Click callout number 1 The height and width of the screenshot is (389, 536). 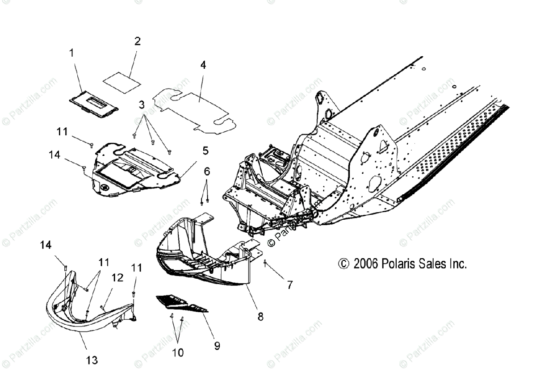[71, 53]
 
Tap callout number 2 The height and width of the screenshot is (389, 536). [138, 42]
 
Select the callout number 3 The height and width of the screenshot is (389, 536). [142, 105]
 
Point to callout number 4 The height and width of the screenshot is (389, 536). [203, 65]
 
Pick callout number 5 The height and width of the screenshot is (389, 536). [205, 151]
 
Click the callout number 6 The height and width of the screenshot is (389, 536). [207, 171]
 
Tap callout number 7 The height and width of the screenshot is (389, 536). [290, 284]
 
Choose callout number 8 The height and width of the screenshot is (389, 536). [260, 316]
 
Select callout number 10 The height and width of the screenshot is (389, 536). [178, 353]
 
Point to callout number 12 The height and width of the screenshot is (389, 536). [117, 278]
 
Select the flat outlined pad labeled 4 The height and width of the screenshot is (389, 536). [197, 107]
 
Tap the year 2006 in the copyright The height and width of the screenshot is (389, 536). [366, 264]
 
